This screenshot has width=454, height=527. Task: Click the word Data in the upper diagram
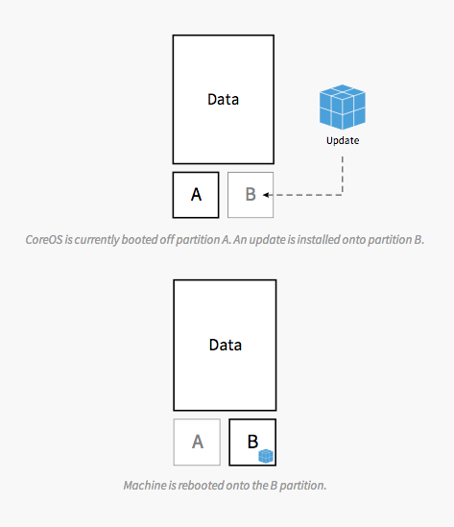223,100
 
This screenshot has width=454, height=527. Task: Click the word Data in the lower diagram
226,345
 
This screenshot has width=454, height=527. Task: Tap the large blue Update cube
343,107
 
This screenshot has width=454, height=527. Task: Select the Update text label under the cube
343,140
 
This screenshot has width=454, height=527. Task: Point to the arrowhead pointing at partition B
266,195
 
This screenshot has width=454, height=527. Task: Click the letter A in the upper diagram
196,195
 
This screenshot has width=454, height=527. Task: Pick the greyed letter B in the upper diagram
251,194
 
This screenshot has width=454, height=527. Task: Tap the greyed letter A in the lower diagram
198,442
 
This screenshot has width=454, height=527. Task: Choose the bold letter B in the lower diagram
252,442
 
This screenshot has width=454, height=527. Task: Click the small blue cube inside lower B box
266,456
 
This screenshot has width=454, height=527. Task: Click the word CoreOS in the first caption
44,240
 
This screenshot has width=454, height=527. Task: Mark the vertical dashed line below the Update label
343,175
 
